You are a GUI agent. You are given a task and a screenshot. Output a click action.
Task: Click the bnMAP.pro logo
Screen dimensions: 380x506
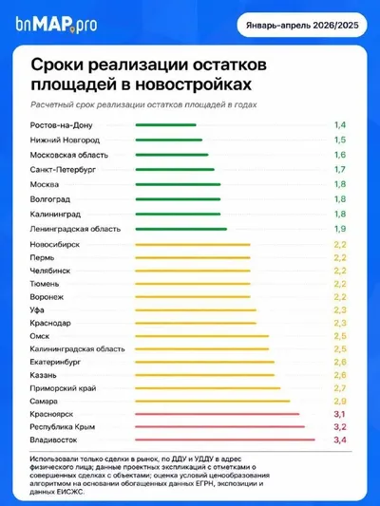pos(56,24)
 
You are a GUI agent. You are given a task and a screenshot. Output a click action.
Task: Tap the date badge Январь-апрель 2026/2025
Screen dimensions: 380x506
pos(302,26)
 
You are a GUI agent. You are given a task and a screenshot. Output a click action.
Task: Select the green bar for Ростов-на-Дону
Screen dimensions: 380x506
pos(165,125)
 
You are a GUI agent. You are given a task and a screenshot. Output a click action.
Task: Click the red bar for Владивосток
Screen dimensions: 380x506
pos(225,440)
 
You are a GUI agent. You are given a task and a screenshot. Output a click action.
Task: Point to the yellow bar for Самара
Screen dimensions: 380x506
pos(213,402)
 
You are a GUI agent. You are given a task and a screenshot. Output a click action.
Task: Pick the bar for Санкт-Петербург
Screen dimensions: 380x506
pos(175,169)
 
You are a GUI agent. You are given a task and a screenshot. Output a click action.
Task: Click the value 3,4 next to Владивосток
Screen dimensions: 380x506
pos(340,440)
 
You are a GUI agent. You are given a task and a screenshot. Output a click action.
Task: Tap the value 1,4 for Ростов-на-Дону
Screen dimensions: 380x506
pos(340,125)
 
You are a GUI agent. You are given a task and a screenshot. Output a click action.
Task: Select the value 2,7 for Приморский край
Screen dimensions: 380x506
pos(340,388)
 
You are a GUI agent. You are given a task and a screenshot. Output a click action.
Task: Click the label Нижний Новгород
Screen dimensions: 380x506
pos(65,141)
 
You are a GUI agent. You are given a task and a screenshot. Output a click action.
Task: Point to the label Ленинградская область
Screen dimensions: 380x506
pos(75,229)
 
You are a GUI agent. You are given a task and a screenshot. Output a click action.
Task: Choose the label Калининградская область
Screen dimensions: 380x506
pos(77,349)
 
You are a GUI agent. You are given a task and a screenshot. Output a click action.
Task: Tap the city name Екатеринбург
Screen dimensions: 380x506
pos(55,363)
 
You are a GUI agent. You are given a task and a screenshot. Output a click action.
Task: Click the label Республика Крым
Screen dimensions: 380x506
pos(63,427)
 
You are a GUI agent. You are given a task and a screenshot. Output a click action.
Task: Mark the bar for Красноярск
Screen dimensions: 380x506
pos(218,414)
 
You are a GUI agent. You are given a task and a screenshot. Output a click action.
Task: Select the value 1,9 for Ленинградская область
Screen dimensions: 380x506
pos(340,229)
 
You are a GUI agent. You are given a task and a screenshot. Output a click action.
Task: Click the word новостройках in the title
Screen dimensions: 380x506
pos(194,84)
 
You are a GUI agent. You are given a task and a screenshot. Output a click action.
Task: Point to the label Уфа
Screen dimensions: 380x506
pos(37,310)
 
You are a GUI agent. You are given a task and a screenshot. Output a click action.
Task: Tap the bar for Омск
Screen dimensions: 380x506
pos(202,336)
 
